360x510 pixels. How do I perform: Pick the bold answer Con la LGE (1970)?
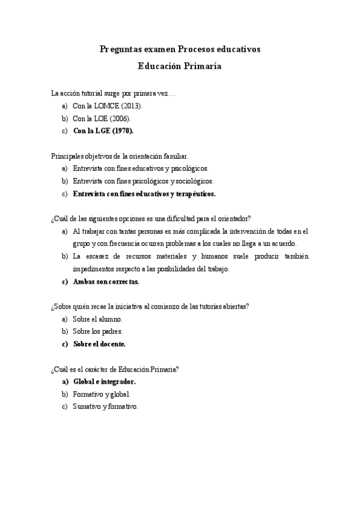point(103,131)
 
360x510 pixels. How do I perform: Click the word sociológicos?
point(192,181)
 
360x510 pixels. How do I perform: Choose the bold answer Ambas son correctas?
point(106,281)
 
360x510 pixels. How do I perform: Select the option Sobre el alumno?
point(97,319)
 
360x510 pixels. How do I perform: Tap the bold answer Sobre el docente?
point(99,344)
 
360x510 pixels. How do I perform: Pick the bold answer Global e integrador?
point(104,381)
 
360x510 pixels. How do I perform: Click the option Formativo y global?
point(101,394)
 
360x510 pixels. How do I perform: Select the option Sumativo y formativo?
point(105,407)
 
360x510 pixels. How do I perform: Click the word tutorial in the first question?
point(90,93)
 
